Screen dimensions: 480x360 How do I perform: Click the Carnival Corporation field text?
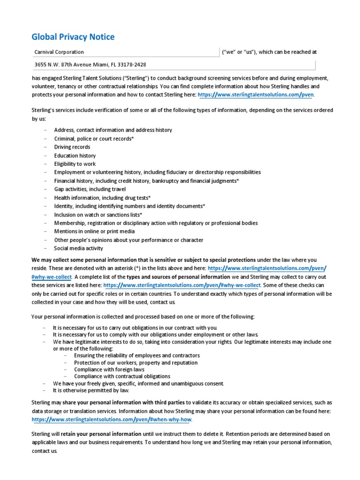(60, 52)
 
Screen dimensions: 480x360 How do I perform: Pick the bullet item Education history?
(75, 155)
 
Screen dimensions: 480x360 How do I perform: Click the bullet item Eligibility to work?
(75, 164)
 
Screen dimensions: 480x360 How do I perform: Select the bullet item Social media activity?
(78, 248)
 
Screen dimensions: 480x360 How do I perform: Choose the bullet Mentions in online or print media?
(94, 231)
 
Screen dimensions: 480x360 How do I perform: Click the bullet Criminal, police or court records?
(94, 138)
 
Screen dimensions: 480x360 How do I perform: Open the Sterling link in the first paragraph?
(256, 94)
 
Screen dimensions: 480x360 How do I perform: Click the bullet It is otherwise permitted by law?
(91, 390)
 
